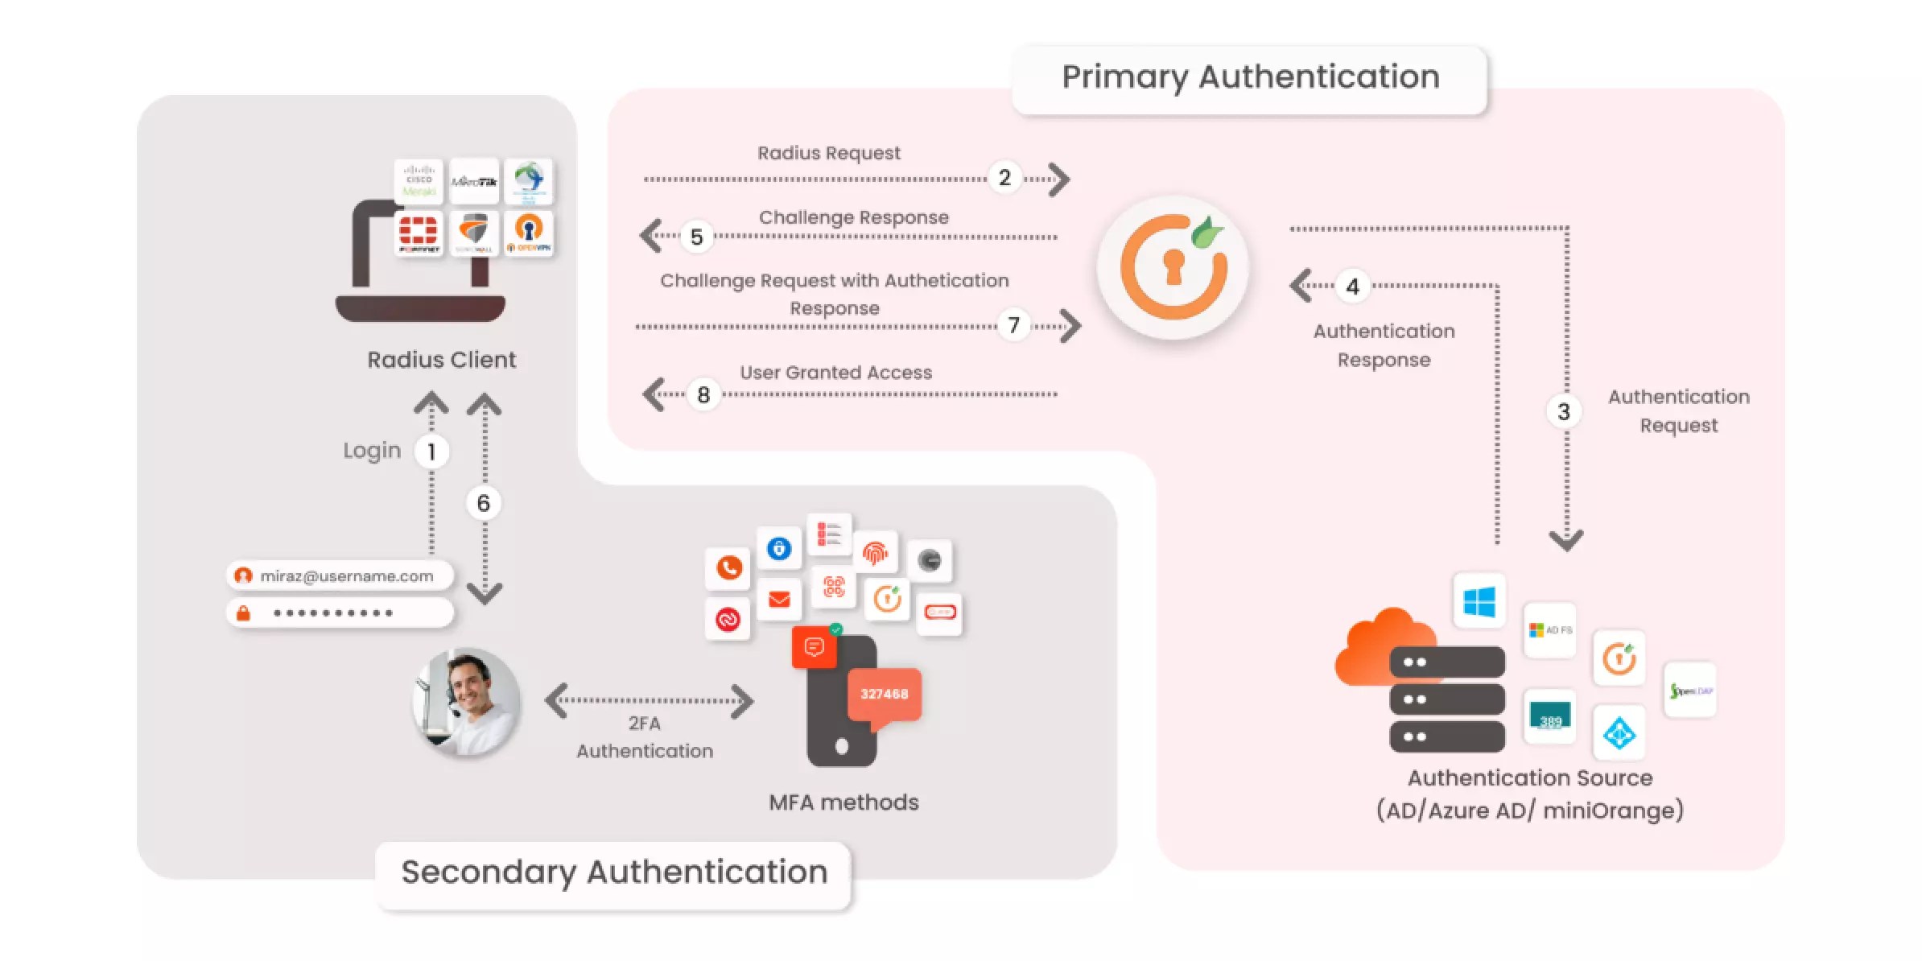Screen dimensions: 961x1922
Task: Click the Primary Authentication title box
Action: (1249, 78)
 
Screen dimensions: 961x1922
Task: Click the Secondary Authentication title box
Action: (613, 873)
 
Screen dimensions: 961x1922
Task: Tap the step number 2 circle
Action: (1004, 178)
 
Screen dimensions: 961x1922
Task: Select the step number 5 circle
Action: (696, 237)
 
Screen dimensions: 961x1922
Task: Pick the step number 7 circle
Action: (1013, 325)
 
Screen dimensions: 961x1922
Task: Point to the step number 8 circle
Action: (703, 394)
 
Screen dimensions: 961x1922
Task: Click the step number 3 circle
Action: (1563, 412)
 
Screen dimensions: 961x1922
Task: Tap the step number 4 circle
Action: (1352, 287)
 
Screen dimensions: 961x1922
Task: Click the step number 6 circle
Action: (483, 503)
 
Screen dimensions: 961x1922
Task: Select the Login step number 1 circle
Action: (431, 452)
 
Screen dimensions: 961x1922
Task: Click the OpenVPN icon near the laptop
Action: (529, 233)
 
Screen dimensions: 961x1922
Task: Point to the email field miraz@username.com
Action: (340, 576)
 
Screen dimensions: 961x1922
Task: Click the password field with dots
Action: (340, 613)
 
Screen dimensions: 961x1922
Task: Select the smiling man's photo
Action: (467, 702)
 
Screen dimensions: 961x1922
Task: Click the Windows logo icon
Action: (1479, 601)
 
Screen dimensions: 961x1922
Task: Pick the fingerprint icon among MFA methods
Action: (875, 553)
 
